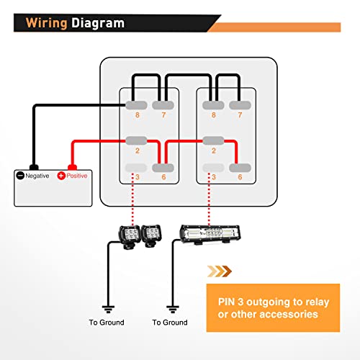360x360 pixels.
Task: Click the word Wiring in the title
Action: (x=46, y=23)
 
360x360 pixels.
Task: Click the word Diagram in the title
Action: (x=98, y=23)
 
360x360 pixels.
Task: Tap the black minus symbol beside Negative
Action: (x=20, y=176)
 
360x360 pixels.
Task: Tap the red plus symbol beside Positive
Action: (x=61, y=176)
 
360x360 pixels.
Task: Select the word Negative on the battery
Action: (x=37, y=176)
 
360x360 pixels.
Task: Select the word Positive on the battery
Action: (x=77, y=176)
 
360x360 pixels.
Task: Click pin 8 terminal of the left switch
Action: (x=136, y=105)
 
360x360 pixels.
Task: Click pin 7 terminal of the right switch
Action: (x=240, y=105)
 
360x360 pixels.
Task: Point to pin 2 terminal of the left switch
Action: (x=136, y=140)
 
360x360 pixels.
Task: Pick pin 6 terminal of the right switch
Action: (x=240, y=168)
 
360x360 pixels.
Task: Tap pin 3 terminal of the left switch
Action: (x=136, y=168)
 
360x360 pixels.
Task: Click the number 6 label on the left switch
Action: (x=163, y=177)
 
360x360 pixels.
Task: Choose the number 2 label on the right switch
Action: (x=214, y=150)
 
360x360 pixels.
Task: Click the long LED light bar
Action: (x=210, y=234)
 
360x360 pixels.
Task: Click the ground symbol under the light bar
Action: (x=173, y=309)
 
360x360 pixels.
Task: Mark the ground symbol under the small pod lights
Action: (x=108, y=309)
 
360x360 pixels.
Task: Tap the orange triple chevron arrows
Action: (x=220, y=271)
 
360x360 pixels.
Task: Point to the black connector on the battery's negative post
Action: (x=34, y=167)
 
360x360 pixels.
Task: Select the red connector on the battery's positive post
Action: (x=72, y=167)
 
